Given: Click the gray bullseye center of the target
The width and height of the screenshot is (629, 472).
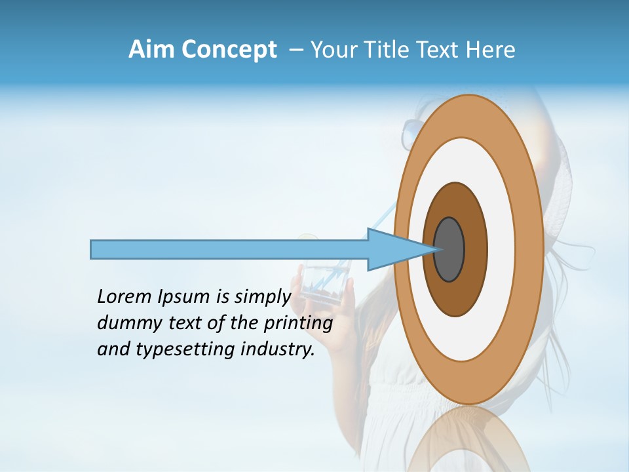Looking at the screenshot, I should pyautogui.click(x=449, y=249).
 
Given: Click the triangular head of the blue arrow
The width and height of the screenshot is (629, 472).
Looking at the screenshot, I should pyautogui.click(x=393, y=249).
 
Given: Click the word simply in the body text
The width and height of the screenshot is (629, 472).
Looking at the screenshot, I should pyautogui.click(x=262, y=298).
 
